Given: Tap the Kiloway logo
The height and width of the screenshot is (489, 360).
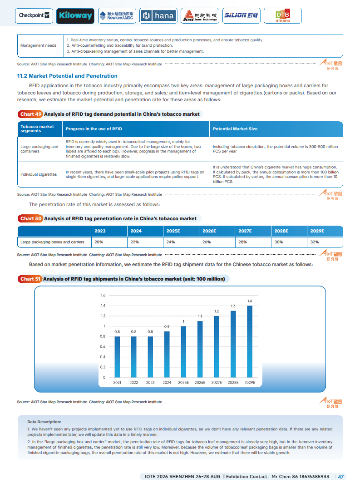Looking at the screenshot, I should (x=75, y=16).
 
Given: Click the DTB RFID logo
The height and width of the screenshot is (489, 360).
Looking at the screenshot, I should (x=282, y=16).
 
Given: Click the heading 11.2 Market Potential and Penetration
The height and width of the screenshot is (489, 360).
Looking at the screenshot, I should (x=67, y=76).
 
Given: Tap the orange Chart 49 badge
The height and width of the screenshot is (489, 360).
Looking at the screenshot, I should (x=30, y=114).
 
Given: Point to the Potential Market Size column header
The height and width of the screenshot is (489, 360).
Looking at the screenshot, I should (x=235, y=129).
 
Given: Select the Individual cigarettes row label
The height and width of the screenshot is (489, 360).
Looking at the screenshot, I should (x=39, y=174).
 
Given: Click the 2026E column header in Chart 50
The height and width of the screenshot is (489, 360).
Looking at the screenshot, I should (x=209, y=231).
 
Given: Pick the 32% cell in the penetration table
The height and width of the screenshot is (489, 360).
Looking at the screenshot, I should (x=315, y=242).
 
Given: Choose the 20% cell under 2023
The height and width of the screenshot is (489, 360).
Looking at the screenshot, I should (x=99, y=242).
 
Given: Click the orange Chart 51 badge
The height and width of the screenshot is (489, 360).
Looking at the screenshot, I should (x=30, y=279).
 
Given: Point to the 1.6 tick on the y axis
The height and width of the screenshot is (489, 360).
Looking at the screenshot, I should (x=103, y=296).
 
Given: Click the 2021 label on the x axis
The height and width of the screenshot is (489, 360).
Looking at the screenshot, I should (x=117, y=383).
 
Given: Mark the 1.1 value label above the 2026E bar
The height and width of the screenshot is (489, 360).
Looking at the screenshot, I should (x=200, y=316).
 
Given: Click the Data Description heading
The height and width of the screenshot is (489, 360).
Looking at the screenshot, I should (x=44, y=422).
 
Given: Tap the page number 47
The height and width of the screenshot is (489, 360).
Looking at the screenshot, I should (x=341, y=477).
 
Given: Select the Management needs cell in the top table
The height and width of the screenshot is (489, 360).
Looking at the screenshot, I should (x=39, y=45).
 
